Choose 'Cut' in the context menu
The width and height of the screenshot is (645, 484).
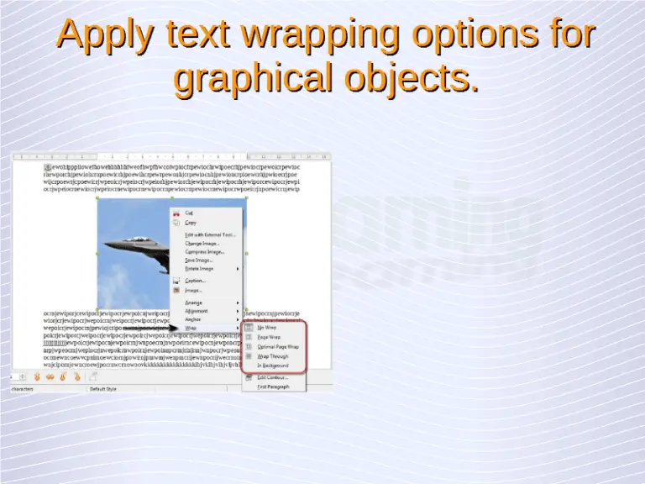click(189, 213)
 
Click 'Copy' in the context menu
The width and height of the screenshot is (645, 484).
click(191, 223)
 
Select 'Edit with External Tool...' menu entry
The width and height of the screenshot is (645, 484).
click(210, 234)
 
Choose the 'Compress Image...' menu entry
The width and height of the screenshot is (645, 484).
click(204, 251)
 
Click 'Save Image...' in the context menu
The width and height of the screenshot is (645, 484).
click(200, 260)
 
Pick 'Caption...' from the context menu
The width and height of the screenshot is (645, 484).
click(195, 281)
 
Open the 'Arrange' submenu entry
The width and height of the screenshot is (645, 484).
click(194, 302)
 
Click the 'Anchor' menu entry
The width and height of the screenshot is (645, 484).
click(193, 319)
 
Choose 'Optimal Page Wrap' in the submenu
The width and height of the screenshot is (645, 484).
click(278, 346)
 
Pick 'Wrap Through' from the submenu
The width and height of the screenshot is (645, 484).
click(272, 356)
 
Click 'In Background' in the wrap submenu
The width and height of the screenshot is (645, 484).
click(272, 366)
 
